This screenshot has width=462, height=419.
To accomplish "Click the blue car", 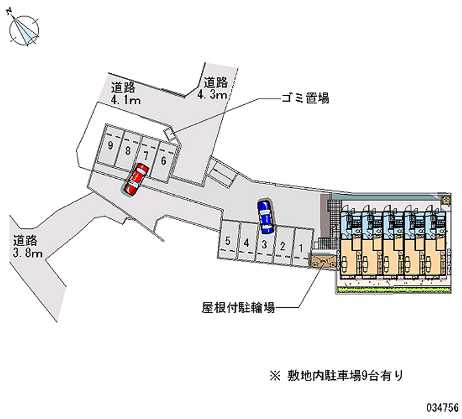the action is click(266, 217).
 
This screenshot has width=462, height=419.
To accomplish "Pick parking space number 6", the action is click(165, 161).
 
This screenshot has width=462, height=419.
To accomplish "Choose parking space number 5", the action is click(228, 240).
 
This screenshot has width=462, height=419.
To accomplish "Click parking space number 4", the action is click(247, 242).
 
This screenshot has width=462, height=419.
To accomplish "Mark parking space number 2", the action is click(283, 246).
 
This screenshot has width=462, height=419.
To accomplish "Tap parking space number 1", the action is click(301, 248).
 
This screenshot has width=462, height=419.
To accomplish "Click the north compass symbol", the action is click(24, 29).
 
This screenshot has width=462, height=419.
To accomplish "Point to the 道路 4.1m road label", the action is click(126, 93).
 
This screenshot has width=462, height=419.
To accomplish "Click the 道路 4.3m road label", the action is click(215, 88).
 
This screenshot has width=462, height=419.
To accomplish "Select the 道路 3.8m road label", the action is click(27, 247).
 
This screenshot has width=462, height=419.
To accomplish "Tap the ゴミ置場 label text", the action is click(305, 98).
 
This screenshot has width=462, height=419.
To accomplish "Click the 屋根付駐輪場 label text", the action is click(238, 308).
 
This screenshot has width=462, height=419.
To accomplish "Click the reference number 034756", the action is click(442, 407).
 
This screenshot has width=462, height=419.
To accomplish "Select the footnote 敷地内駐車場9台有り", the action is click(337, 376).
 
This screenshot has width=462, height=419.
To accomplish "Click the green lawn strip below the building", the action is click(394, 290).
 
